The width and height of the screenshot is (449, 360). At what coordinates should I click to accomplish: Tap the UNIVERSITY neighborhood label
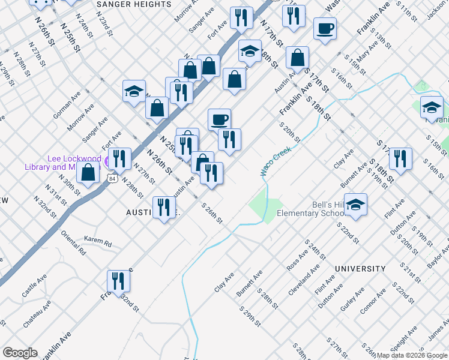click(x=360, y=269)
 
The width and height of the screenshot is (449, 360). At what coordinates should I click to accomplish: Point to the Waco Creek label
click(x=276, y=161)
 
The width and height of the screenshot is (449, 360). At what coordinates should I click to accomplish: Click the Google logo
click(x=20, y=353)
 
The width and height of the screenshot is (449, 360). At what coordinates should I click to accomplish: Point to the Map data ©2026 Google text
click(x=412, y=355)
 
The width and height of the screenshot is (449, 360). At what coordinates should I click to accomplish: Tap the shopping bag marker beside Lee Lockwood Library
click(x=88, y=172)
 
